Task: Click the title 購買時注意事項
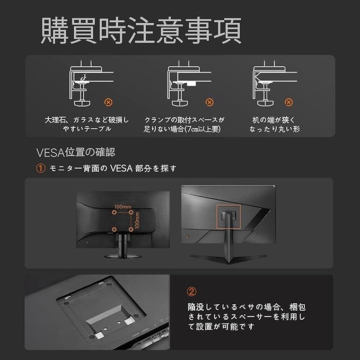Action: pyautogui.click(x=141, y=30)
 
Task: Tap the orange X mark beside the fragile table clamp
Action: pyautogui.click(x=108, y=102)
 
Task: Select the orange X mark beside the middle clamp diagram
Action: pyautogui.click(x=209, y=102)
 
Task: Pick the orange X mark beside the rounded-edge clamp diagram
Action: pyautogui.click(x=288, y=102)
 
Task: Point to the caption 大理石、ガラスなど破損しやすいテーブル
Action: pyautogui.click(x=87, y=124)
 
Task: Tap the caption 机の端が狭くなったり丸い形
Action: pyautogui.click(x=275, y=124)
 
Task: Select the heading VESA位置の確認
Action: pyautogui.click(x=75, y=152)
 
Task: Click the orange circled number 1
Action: pyautogui.click(x=41, y=168)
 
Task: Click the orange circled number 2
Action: pyautogui.click(x=191, y=292)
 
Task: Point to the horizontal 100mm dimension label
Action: pyautogui.click(x=122, y=207)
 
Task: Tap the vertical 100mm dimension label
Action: pyautogui.click(x=137, y=221)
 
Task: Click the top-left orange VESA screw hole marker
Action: pyautogui.click(x=114, y=213)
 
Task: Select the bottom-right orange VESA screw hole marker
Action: pyautogui.click(x=131, y=229)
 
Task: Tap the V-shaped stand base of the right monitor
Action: pyautogui.click(x=229, y=258)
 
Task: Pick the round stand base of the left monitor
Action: pyautogui.click(x=122, y=256)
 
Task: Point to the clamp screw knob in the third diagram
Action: pyautogui.click(x=266, y=103)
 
